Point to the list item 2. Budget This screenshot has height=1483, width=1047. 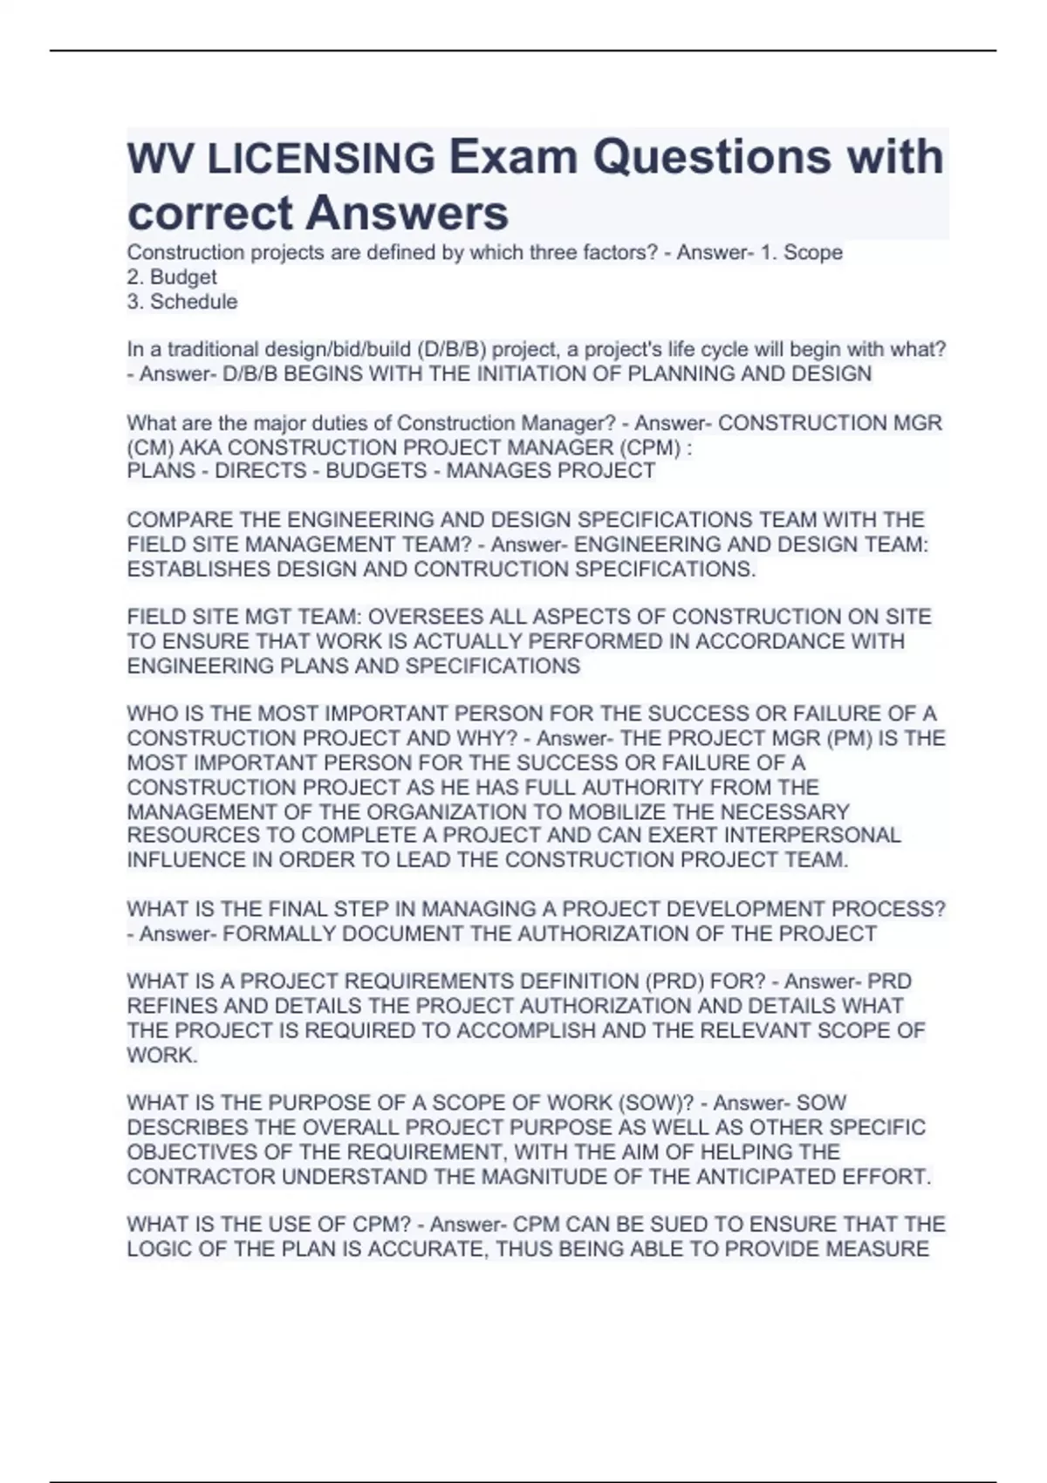click(x=172, y=277)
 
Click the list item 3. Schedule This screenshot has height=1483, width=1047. click(x=181, y=302)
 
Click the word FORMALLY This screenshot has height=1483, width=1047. click(x=279, y=933)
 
